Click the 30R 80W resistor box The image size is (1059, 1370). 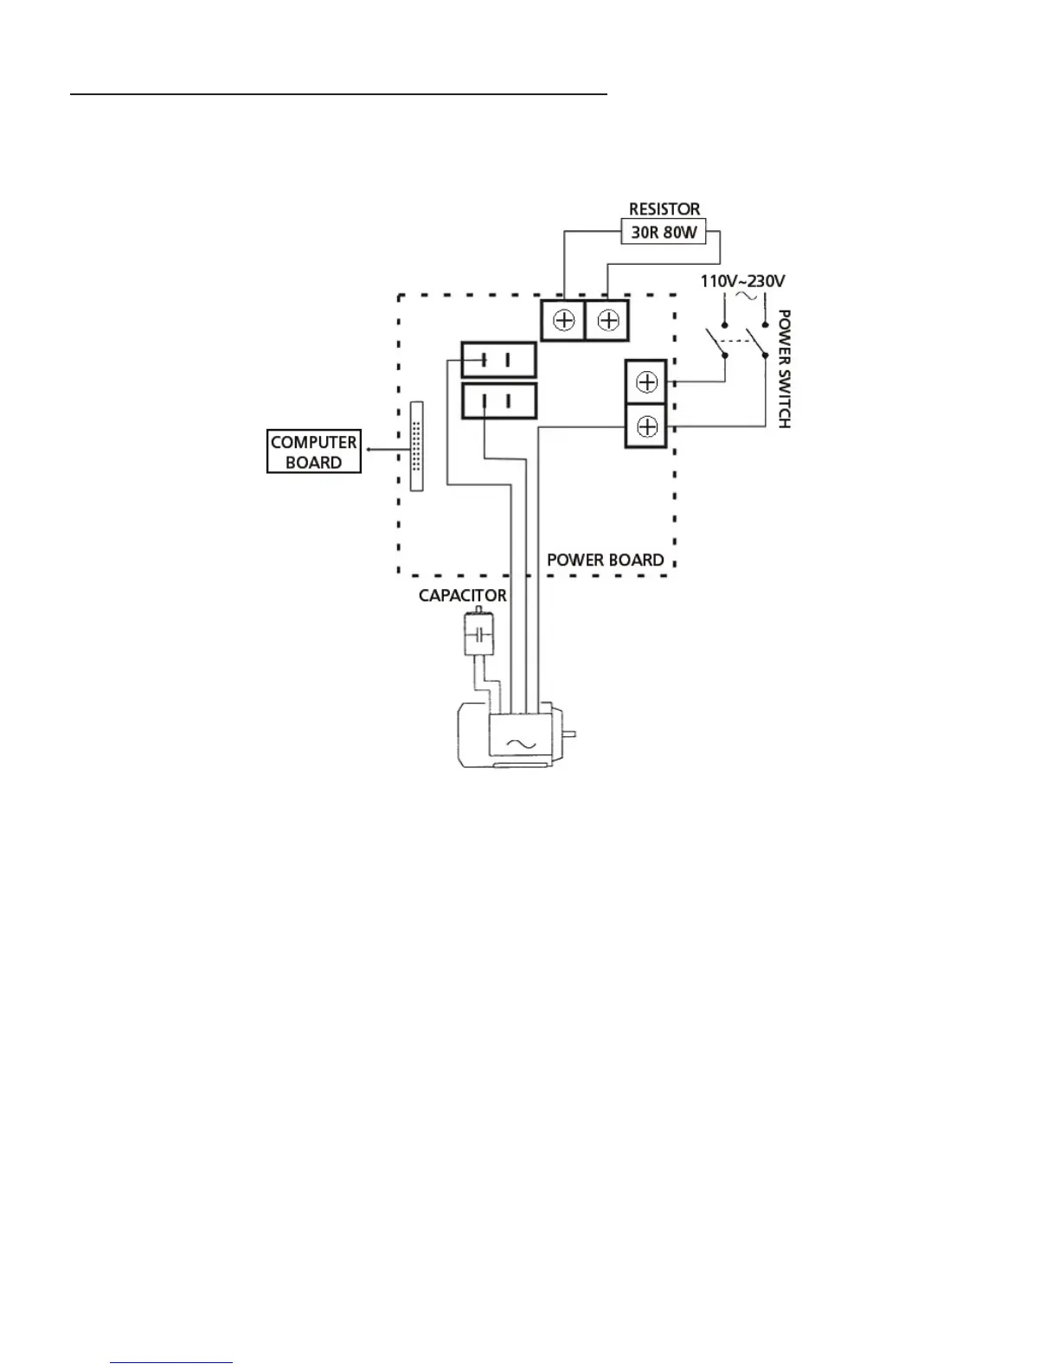pos(664,232)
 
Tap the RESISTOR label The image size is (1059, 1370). pos(664,208)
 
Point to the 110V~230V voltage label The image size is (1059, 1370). pos(742,281)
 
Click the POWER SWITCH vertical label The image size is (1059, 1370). pos(784,368)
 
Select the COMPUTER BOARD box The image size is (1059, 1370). pos(313,451)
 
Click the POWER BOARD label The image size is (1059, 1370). pos(605,560)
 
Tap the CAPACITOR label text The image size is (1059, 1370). pos(462,596)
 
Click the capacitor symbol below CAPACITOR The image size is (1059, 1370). pos(478,637)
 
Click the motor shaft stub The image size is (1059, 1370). pos(569,735)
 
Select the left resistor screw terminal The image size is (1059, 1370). pos(563,321)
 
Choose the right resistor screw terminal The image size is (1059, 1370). pos(607,321)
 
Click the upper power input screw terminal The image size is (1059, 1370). pos(646,382)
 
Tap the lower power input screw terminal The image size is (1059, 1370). pos(646,426)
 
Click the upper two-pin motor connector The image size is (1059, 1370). pos(497,360)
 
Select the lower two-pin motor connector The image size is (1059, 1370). pos(497,401)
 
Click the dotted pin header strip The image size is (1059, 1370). pos(417,446)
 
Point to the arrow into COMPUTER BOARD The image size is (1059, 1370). pos(370,450)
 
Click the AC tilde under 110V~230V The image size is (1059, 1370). pos(744,297)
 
